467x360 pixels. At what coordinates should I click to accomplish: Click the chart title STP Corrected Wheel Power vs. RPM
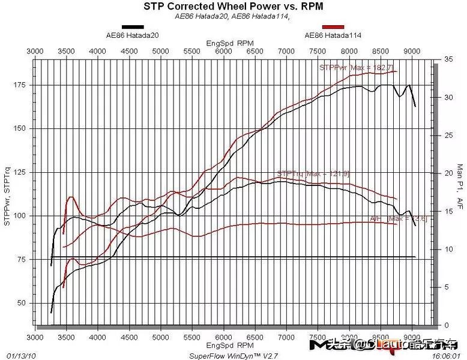tap(233, 7)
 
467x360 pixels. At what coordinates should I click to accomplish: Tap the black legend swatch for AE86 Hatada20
tap(133, 27)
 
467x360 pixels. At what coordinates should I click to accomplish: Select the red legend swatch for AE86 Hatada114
tap(333, 27)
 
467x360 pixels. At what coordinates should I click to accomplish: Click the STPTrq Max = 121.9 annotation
tap(313, 173)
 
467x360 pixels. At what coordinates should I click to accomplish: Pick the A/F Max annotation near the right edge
tap(390, 218)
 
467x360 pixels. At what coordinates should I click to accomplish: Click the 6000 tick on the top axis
tap(223, 52)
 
